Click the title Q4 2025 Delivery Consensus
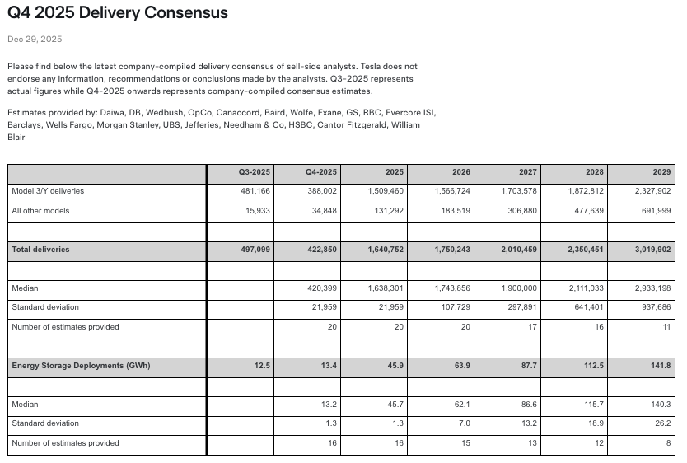[118, 13]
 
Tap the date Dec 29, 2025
[35, 40]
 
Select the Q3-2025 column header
[254, 172]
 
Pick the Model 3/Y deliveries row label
[48, 191]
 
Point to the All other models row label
[40, 211]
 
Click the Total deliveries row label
[40, 250]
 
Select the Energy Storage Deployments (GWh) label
[81, 365]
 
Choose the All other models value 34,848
[321, 211]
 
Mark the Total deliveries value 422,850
[320, 250]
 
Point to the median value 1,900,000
[519, 288]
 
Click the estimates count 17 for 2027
[532, 327]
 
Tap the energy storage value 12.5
[263, 365]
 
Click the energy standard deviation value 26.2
[663, 423]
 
